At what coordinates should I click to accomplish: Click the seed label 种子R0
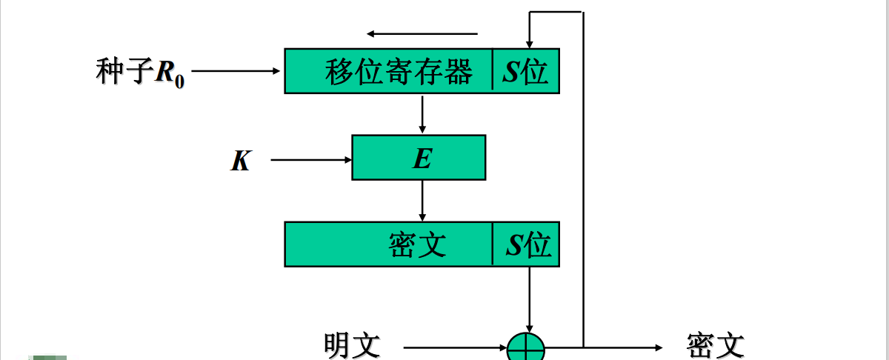point(140,73)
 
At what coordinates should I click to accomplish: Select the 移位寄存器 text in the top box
point(399,72)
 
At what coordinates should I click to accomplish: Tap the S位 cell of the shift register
point(526,72)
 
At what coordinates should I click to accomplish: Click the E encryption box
point(419,158)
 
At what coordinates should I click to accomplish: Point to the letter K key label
point(240,161)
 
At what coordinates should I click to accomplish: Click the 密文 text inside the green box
point(418,244)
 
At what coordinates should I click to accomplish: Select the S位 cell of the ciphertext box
point(527,244)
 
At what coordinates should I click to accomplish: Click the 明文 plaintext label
point(352,345)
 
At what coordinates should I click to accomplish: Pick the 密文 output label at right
point(715,345)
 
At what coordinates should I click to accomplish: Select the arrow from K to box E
point(311,159)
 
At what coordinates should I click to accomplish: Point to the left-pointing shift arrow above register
point(422,33)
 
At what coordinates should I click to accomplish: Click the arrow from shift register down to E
point(422,114)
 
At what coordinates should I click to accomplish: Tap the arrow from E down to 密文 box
point(422,201)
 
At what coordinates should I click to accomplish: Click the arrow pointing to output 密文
point(622,347)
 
